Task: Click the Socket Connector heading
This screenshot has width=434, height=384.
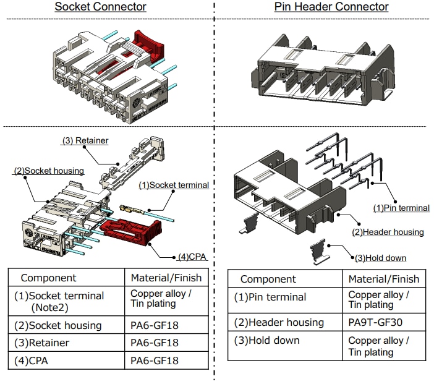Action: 100,7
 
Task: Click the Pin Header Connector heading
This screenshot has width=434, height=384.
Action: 331,7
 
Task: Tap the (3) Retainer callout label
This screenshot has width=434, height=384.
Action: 85,141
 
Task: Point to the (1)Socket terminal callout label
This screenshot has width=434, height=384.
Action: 174,185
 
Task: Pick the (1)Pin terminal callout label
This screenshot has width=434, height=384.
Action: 401,208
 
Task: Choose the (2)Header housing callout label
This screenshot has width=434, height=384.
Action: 388,232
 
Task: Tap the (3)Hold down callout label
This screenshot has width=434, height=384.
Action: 380,257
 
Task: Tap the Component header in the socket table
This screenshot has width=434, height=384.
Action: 49,278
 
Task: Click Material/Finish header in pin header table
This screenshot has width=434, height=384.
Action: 383,279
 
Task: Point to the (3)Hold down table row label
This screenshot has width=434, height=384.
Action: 266,341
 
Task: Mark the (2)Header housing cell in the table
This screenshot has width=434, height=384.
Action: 279,322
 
